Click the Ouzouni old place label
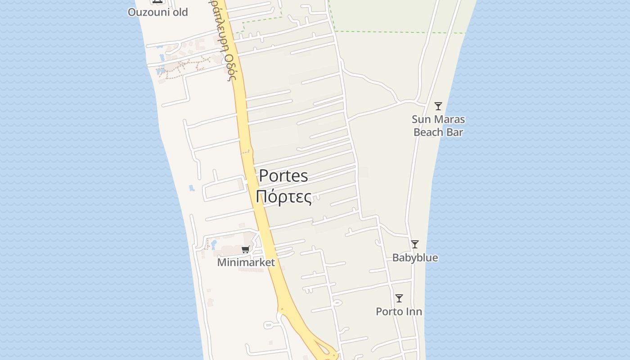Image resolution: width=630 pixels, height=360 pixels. [157, 12]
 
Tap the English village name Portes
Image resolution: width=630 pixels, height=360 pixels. [283, 175]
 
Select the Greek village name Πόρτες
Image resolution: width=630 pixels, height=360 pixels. [283, 197]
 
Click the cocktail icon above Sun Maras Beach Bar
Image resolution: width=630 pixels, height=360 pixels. [438, 106]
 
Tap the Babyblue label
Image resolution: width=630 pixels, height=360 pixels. [415, 258]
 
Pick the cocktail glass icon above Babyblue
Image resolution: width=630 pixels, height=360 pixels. [415, 244]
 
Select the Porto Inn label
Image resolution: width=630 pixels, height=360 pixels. [399, 311]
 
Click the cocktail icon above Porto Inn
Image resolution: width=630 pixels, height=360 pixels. [399, 298]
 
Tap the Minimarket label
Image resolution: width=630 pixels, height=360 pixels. [246, 262]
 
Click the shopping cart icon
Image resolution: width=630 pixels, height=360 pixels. [245, 250]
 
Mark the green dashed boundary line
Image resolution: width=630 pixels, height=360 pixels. [382, 32]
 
